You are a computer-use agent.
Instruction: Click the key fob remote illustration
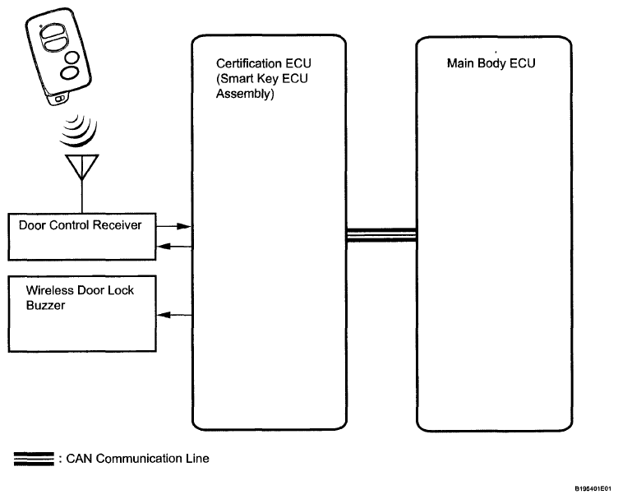tap(58, 57)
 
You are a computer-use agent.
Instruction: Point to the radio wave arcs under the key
tap(79, 130)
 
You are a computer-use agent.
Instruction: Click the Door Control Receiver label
tap(80, 225)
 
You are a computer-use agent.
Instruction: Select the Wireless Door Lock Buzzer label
tap(80, 298)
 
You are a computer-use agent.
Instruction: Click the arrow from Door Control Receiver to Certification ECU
tap(174, 226)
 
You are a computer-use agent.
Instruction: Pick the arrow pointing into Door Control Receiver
tap(174, 247)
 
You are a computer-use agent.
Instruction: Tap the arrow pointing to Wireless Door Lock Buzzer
tap(174, 315)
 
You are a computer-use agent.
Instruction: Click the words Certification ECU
tap(264, 63)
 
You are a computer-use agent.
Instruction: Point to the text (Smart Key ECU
tap(262, 78)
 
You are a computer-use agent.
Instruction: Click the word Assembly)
tap(245, 94)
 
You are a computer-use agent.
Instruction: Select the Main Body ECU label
tap(491, 63)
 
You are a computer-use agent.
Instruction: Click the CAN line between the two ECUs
tap(381, 235)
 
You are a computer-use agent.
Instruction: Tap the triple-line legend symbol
tap(34, 460)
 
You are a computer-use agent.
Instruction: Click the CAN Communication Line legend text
tap(137, 459)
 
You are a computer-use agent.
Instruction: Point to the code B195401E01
tap(593, 489)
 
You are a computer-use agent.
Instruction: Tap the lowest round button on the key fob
tap(70, 73)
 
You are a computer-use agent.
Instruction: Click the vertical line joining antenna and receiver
tap(82, 196)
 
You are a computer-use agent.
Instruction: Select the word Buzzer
tap(45, 306)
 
